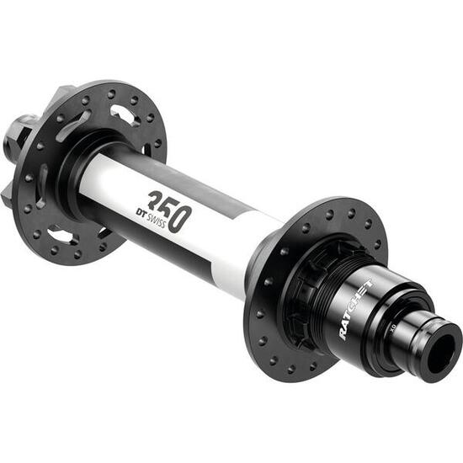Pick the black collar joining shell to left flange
coord(84,181)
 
